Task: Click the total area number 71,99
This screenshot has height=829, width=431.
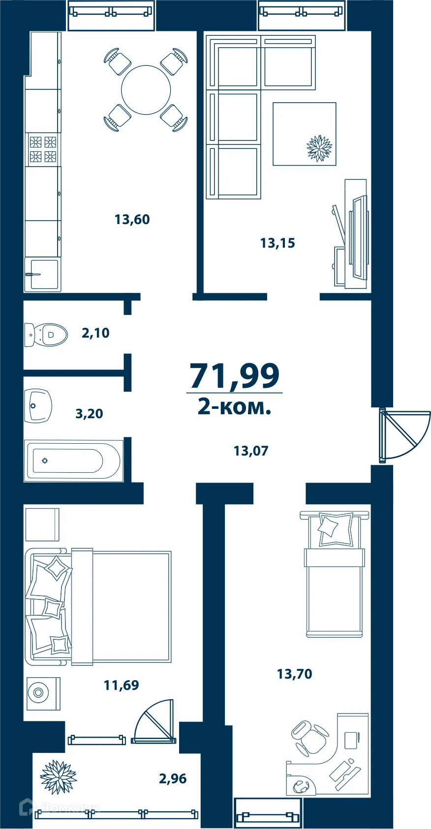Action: point(235,376)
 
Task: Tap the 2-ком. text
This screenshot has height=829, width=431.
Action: point(234,407)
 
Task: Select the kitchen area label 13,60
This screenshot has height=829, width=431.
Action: point(132,219)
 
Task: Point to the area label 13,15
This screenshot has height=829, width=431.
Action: point(277,243)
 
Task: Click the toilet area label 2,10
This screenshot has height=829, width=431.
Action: point(95,333)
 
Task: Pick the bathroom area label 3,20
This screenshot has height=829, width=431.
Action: point(89,414)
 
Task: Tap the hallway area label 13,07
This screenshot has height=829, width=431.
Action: point(251,451)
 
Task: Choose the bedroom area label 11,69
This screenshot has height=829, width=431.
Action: point(121,685)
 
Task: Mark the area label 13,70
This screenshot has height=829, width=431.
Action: point(294,674)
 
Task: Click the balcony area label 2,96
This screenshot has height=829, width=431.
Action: point(173,778)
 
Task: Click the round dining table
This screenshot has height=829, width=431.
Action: point(146,90)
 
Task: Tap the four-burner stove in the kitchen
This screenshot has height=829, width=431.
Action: point(43,149)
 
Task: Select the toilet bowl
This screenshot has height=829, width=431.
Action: point(47,335)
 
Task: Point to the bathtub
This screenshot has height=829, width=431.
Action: point(74,461)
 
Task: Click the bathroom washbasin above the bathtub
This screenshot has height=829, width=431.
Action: point(38,405)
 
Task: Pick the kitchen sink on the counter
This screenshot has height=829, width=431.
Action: point(43,274)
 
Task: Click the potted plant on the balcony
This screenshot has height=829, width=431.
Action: point(59,777)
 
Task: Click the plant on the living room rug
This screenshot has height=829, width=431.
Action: point(319,148)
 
